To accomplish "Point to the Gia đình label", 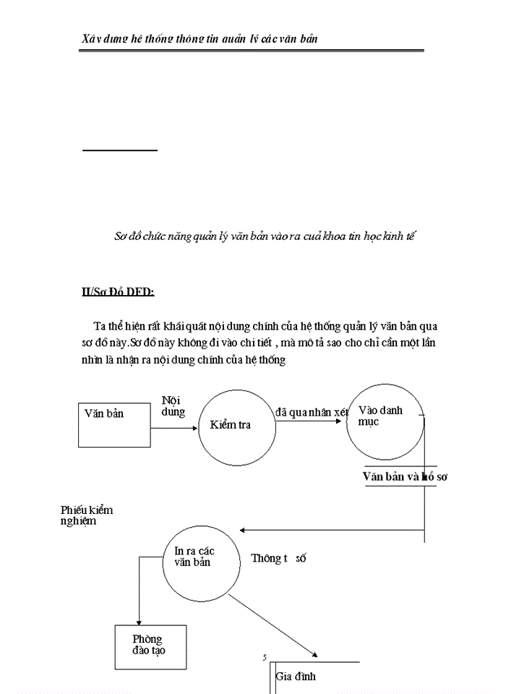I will pos(296,677).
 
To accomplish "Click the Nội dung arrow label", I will pos(173,406).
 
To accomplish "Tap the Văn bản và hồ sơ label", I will pos(405,477).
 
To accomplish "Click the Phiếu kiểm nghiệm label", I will pos(86,515).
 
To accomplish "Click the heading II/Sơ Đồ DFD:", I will pos(119,292).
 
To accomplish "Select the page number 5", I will pos(265,657).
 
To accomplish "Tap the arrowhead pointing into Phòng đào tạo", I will pos(137,620).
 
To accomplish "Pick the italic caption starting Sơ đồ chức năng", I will pos(265,236).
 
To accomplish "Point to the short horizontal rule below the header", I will pos(119,150).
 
